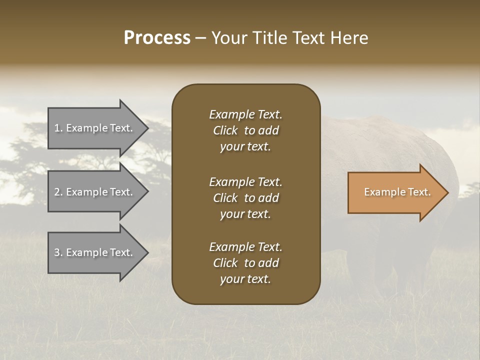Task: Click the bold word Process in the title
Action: pos(157,38)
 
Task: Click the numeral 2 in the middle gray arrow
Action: pos(57,192)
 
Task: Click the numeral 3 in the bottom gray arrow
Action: pos(57,252)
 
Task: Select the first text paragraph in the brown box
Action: pos(245,130)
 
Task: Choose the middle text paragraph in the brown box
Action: pos(245,198)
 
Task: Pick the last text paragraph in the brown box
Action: pos(245,263)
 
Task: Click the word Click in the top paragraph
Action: pos(225,130)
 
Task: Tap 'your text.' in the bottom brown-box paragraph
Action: pos(245,279)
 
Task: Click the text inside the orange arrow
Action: pos(397,192)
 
